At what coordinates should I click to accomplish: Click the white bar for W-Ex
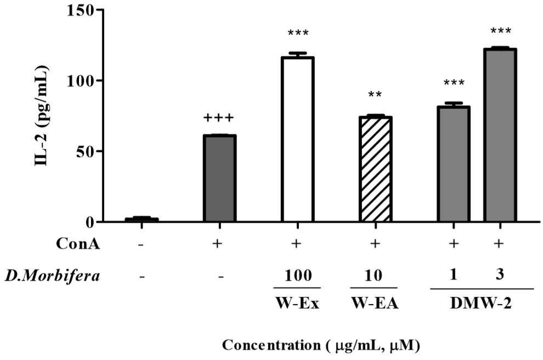(x=298, y=139)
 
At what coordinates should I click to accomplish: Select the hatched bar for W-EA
(x=375, y=169)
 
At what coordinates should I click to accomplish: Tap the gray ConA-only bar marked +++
(x=219, y=178)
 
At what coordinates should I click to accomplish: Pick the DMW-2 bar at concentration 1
(x=453, y=164)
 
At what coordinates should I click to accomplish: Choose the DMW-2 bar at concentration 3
(x=500, y=135)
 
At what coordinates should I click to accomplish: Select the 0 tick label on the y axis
(x=90, y=222)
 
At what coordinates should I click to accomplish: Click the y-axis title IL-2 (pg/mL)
(x=42, y=116)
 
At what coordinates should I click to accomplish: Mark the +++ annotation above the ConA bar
(x=218, y=118)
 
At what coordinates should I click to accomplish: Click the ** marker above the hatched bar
(x=375, y=94)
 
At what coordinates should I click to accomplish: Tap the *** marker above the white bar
(x=298, y=33)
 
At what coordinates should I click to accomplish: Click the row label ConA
(x=78, y=244)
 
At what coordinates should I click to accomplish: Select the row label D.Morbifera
(x=52, y=276)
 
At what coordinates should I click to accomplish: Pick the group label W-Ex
(x=297, y=303)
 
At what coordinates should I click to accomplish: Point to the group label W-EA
(x=375, y=303)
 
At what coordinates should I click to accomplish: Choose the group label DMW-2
(x=480, y=303)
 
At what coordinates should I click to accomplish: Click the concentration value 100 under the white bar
(x=298, y=276)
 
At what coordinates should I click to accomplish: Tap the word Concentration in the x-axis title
(x=271, y=345)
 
